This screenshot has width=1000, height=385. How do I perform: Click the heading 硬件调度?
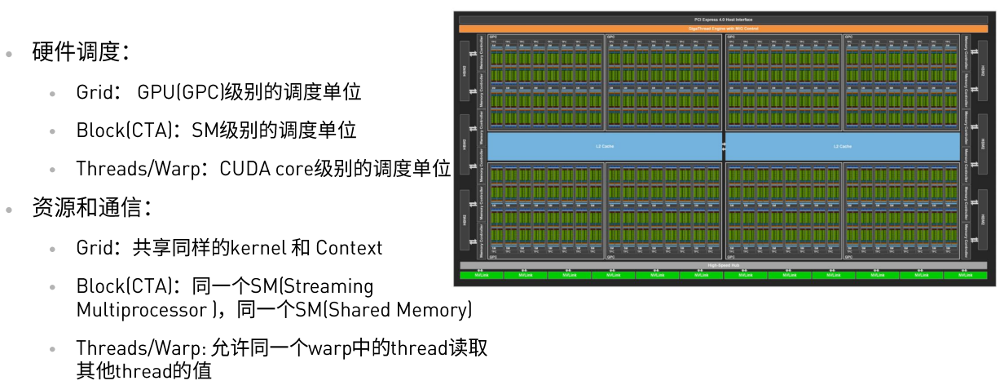click(77, 54)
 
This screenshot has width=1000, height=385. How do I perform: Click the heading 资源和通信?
click(89, 207)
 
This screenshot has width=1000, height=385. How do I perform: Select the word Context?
click(349, 247)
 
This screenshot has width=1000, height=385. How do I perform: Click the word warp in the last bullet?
click(332, 348)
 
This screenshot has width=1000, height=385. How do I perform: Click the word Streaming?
click(327, 286)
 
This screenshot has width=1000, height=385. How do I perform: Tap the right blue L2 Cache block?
click(841, 147)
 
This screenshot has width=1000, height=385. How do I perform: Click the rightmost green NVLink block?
click(965, 275)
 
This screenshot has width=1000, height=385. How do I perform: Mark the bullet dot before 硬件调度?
click(9, 55)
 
